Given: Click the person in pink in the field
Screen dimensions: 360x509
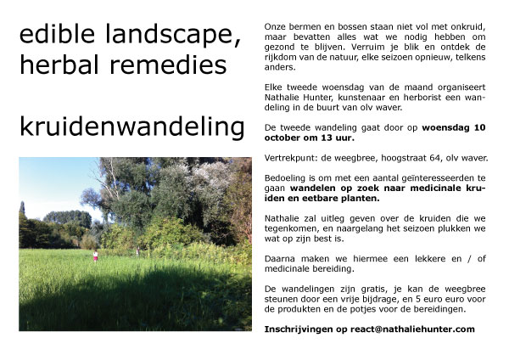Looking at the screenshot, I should click(x=96, y=256).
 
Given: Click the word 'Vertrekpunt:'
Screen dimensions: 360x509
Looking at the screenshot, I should click(x=290, y=157).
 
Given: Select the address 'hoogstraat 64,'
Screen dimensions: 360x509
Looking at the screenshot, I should click(x=410, y=157).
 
